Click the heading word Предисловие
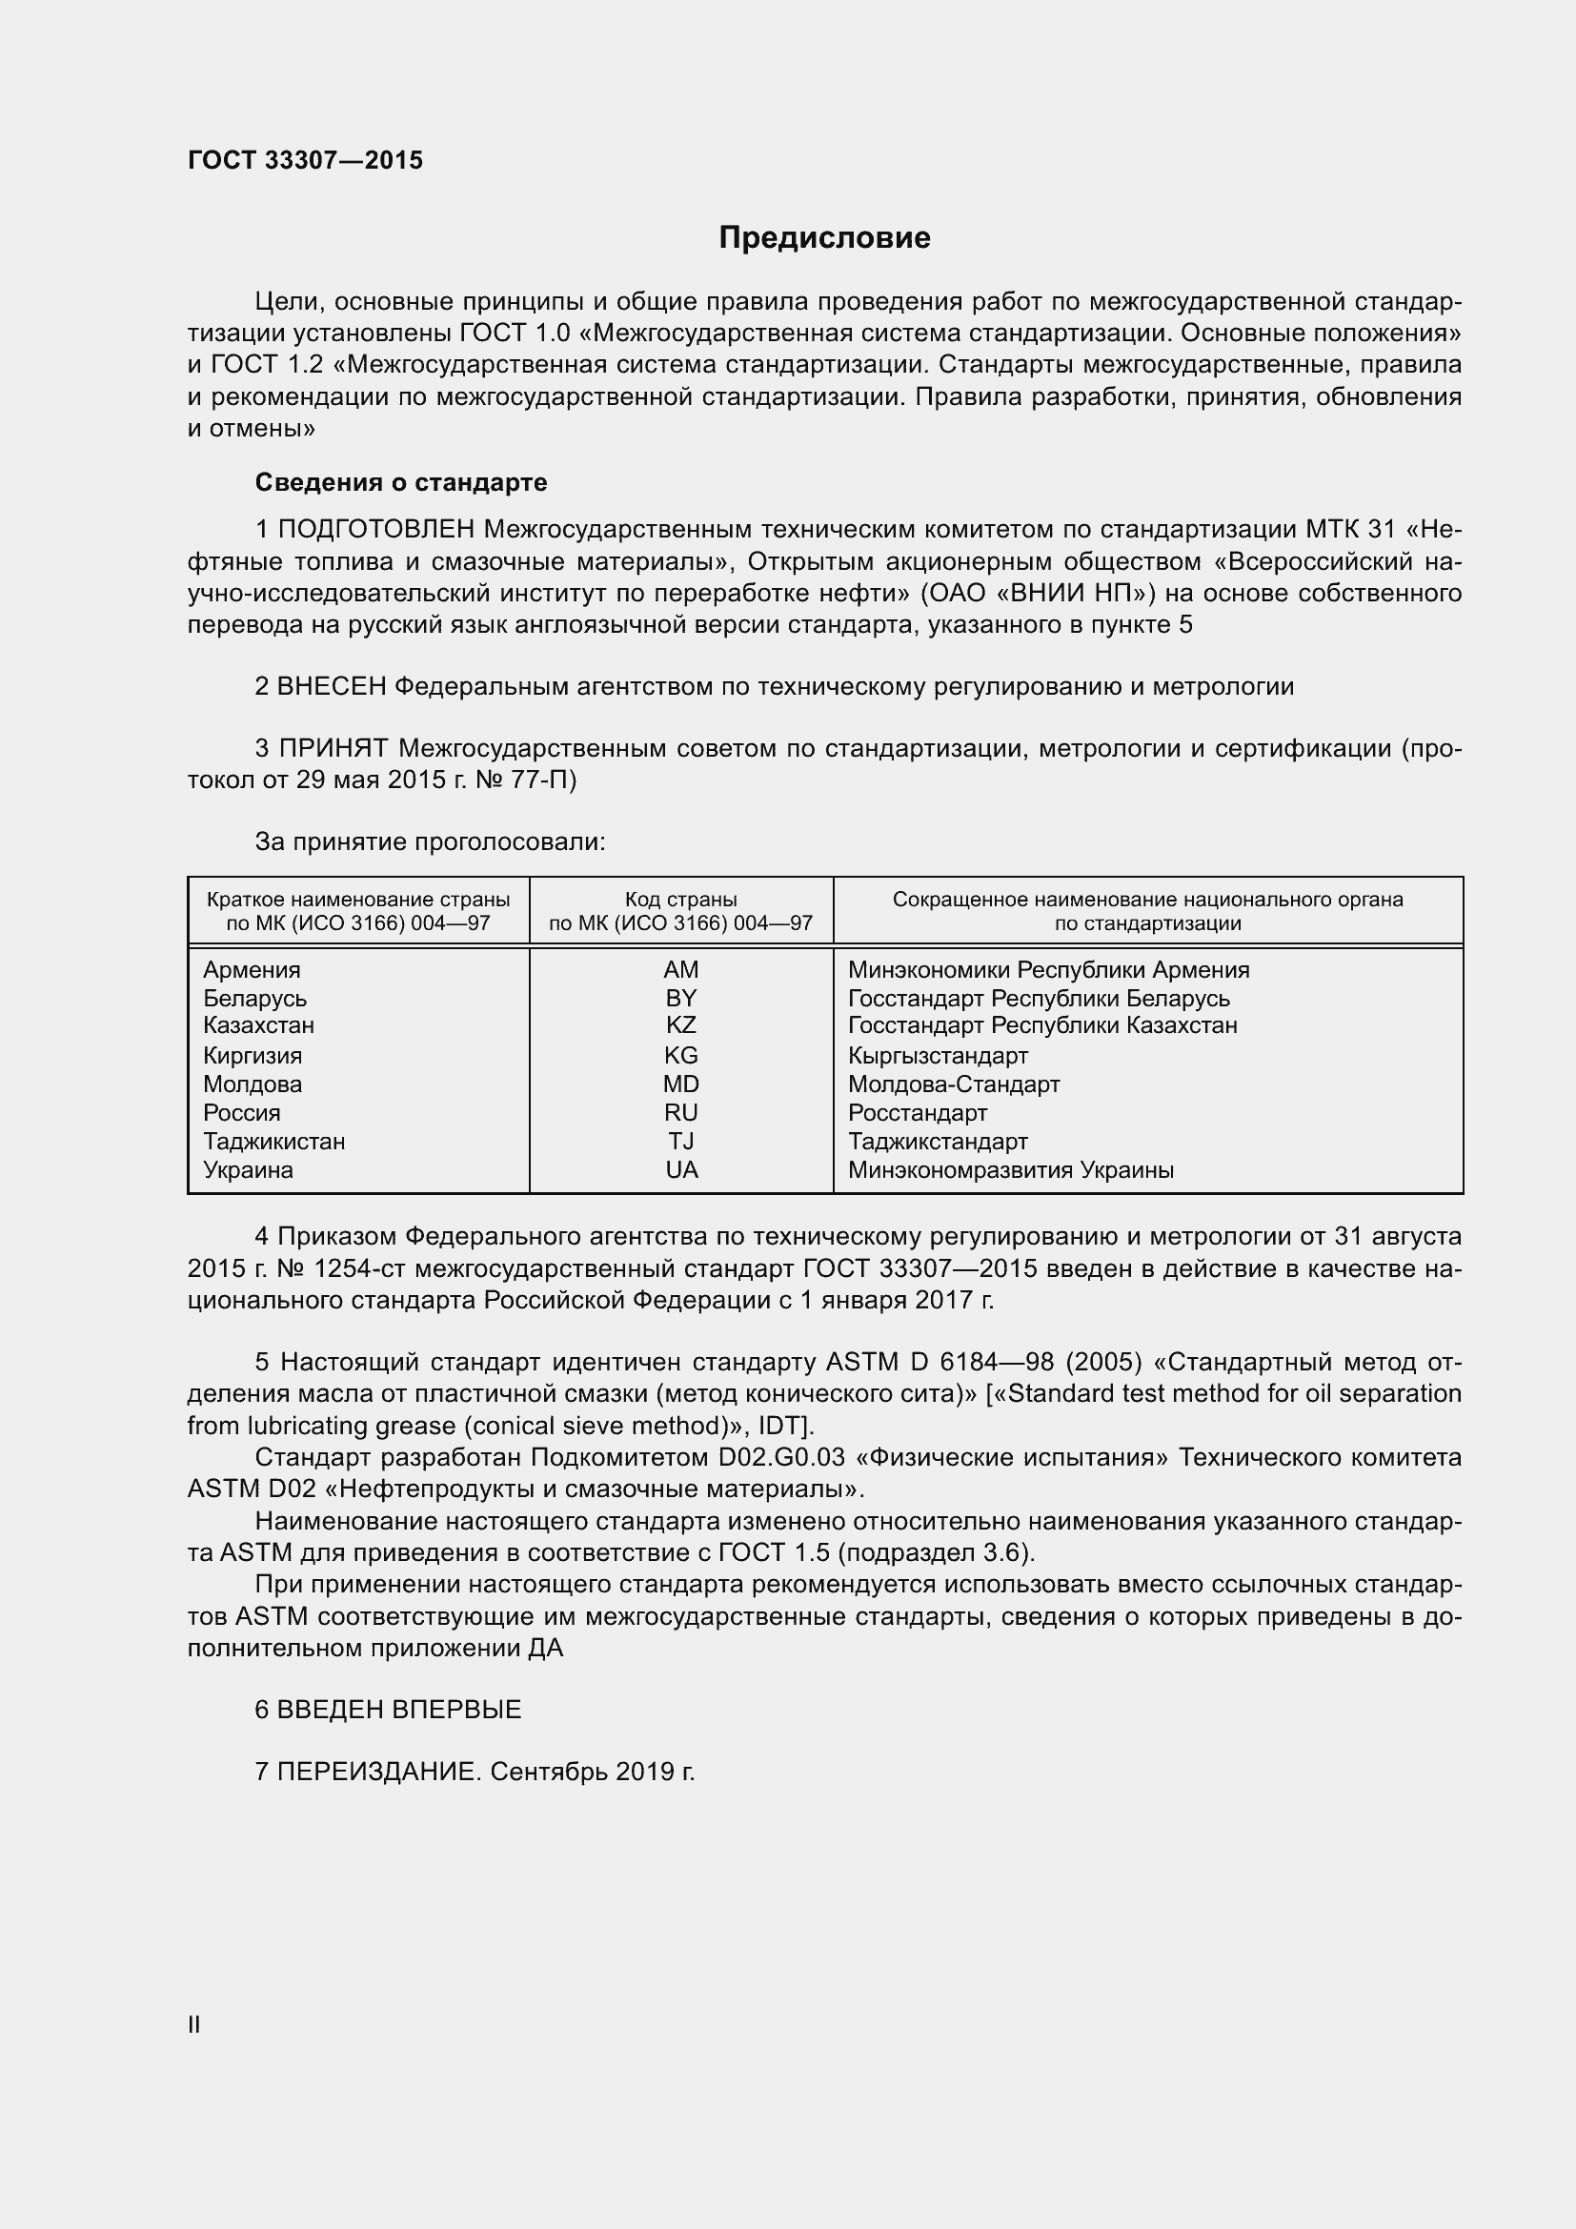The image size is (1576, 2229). click(x=824, y=238)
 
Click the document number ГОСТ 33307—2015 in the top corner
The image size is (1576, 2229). click(x=305, y=160)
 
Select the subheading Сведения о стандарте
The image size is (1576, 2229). click(x=401, y=482)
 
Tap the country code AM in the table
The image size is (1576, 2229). click(x=681, y=970)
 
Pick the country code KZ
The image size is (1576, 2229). click(x=681, y=1025)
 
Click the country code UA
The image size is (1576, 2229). click(x=681, y=1170)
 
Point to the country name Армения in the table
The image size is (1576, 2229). click(x=252, y=970)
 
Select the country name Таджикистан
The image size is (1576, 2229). click(x=273, y=1142)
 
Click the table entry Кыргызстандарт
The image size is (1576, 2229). click(x=938, y=1055)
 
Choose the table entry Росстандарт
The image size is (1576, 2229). click(x=917, y=1112)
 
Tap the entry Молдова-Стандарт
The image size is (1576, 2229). click(x=953, y=1084)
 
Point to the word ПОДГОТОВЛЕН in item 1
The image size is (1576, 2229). click(x=376, y=529)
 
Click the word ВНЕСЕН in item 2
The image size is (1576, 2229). click(x=331, y=687)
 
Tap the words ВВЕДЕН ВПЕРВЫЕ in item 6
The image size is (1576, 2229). click(x=399, y=1710)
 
